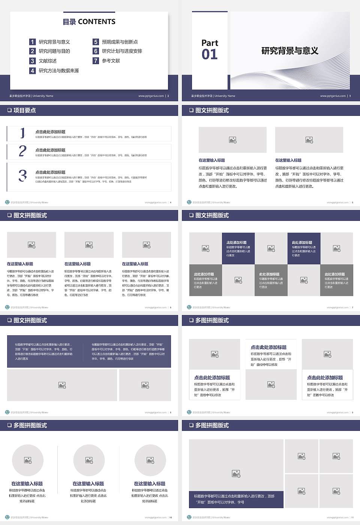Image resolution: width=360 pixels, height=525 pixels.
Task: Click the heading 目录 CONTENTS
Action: pyautogui.click(x=89, y=22)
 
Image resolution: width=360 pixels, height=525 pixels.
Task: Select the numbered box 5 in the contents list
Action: pyautogui.click(x=96, y=42)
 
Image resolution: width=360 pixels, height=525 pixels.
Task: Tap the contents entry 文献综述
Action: pyautogui.click(x=48, y=61)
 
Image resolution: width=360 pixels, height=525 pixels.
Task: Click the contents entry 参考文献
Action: pyautogui.click(x=111, y=61)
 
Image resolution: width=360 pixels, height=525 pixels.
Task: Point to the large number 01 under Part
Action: pyautogui.click(x=210, y=55)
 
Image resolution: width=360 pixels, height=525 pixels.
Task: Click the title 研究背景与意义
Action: pyautogui.click(x=290, y=51)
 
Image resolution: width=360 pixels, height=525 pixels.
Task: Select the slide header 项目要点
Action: pyautogui.click(x=24, y=110)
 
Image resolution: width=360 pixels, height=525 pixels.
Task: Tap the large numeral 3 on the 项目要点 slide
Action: pyautogui.click(x=22, y=175)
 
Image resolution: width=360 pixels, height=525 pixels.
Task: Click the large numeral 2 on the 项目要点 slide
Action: pyautogui.click(x=22, y=151)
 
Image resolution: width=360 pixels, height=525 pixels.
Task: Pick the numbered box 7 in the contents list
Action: pyautogui.click(x=96, y=61)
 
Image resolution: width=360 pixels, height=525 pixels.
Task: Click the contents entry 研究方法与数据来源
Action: pyautogui.click(x=59, y=70)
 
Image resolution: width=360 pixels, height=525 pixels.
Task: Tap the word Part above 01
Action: pyautogui.click(x=210, y=43)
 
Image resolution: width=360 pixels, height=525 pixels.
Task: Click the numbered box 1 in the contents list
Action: pyautogui.click(x=33, y=42)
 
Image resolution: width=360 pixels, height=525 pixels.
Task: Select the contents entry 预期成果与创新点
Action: pyautogui.click(x=120, y=42)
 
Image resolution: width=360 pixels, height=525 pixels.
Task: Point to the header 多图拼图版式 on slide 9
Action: pyautogui.click(x=212, y=320)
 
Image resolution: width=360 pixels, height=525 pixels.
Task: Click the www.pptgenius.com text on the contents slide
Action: pyautogui.click(x=151, y=96)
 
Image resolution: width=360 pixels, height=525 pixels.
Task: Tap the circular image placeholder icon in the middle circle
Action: pyautogui.click(x=89, y=460)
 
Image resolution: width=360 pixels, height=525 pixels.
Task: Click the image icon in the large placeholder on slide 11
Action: pyautogui.click(x=236, y=474)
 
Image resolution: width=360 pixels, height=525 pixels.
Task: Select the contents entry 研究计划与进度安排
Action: pyautogui.click(x=122, y=51)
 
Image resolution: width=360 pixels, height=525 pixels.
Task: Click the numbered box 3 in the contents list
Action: pyautogui.click(x=33, y=61)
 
